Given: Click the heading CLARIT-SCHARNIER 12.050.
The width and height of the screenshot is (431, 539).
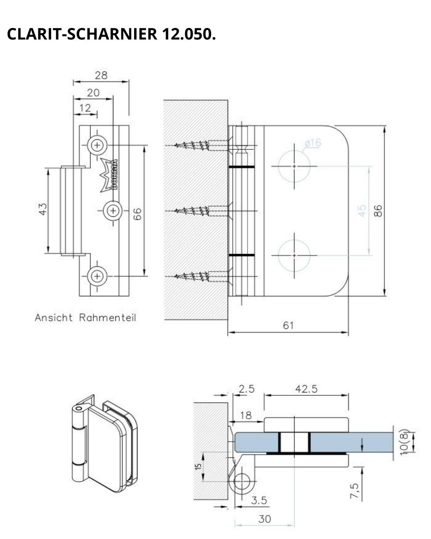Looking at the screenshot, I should [111, 34].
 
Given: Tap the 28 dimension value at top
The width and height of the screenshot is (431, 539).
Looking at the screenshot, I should [101, 75].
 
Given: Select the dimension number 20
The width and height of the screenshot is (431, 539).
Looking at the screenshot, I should [93, 93].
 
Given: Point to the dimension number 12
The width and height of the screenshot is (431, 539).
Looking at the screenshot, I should [85, 108].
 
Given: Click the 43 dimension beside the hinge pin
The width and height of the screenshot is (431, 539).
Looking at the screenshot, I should [43, 209].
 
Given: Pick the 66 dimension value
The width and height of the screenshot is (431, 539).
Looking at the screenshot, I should [137, 214].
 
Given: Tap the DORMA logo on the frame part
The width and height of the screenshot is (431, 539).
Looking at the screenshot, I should [109, 176].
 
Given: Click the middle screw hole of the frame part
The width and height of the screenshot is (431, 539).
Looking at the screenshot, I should [113, 210].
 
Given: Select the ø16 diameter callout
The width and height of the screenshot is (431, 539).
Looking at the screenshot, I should [312, 143].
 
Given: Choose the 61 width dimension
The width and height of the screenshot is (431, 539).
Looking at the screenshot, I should [288, 325].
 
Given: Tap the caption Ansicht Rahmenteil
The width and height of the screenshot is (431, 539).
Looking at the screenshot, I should [85, 318].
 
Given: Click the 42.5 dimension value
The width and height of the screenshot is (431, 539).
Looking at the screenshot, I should [306, 389].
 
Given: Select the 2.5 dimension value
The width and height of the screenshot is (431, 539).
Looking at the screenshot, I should [246, 389].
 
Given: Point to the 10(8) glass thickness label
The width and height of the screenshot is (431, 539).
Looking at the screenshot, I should [405, 442].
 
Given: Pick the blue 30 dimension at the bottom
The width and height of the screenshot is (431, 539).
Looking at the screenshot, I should [265, 519].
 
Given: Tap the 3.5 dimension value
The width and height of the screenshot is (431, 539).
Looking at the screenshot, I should [259, 500].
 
